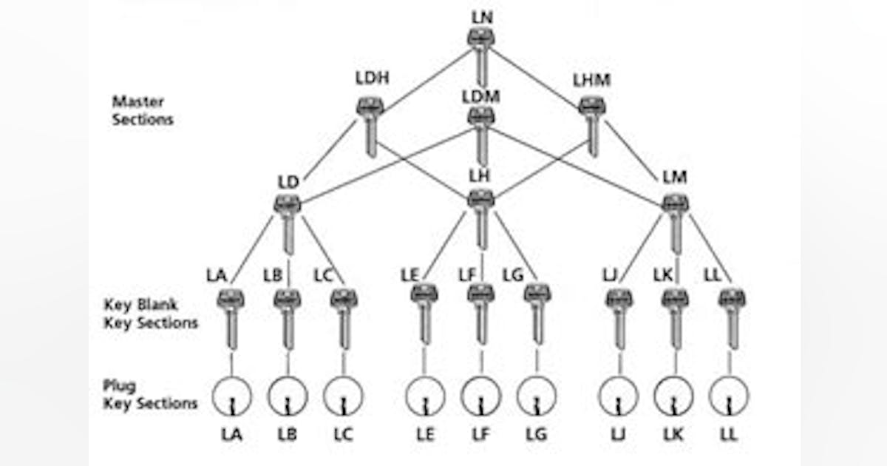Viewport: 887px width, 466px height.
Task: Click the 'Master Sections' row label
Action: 143,109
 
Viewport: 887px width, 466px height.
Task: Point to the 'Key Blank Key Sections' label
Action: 151,314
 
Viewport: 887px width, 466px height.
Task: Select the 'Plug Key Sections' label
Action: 150,395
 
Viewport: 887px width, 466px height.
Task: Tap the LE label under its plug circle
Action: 425,434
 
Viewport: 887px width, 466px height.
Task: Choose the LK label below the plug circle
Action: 674,434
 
